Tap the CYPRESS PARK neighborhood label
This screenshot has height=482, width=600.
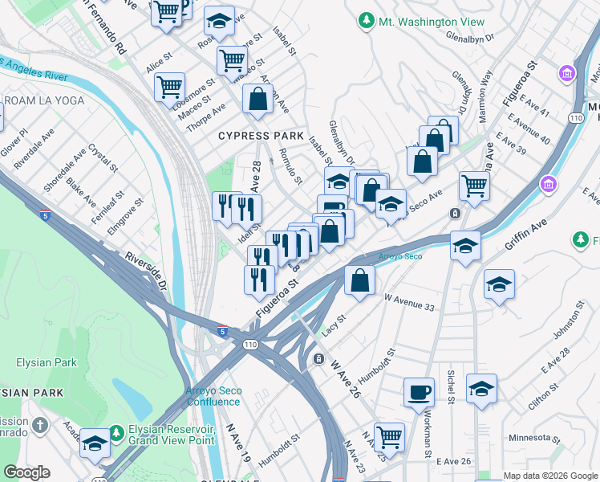pyautogui.click(x=254, y=137)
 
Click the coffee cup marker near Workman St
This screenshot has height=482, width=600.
pyautogui.click(x=418, y=393)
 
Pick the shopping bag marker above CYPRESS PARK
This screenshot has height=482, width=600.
pyautogui.click(x=257, y=100)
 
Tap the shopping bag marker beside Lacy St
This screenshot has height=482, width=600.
pyautogui.click(x=359, y=280)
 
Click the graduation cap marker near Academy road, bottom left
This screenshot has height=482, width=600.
pyautogui.click(x=95, y=444)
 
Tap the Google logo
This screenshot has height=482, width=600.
pyautogui.click(x=27, y=472)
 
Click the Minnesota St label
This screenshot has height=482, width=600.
pyautogui.click(x=534, y=439)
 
